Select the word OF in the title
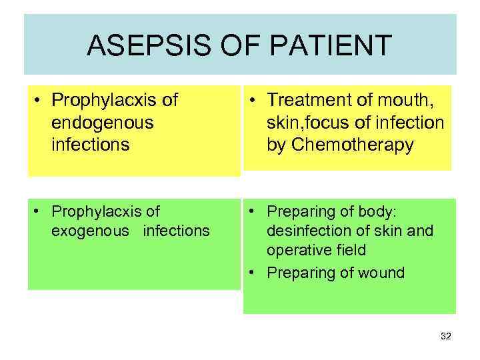click(x=228, y=45)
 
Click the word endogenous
click(x=102, y=123)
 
